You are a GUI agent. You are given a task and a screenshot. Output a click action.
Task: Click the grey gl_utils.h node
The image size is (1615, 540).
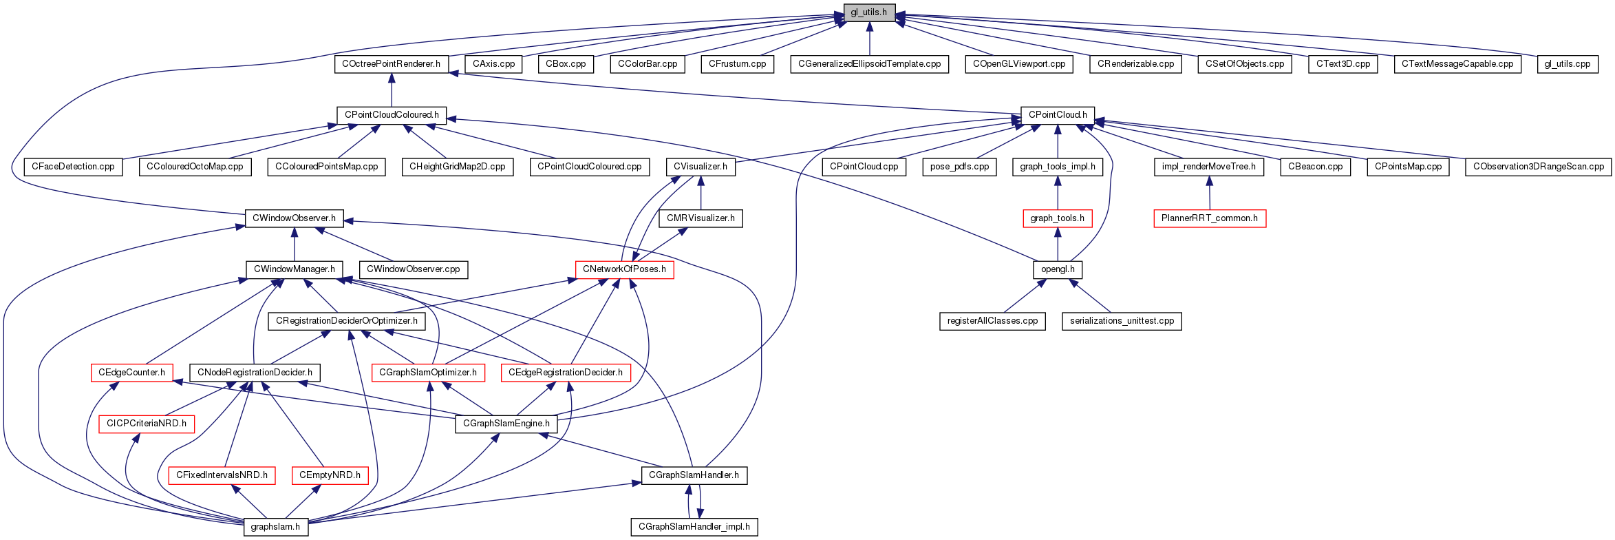tap(869, 12)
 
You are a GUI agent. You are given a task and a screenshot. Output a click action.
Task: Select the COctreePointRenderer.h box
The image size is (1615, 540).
tap(392, 64)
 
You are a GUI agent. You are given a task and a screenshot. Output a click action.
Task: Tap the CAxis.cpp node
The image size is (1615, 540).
tap(494, 64)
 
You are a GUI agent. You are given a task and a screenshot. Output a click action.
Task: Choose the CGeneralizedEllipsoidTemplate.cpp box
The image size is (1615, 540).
tap(870, 64)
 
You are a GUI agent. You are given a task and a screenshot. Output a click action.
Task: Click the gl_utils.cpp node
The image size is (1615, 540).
tap(1568, 64)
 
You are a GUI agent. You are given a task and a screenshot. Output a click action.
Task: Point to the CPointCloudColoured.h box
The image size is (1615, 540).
tap(392, 115)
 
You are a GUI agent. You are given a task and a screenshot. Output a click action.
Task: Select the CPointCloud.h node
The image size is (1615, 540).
tap(1058, 115)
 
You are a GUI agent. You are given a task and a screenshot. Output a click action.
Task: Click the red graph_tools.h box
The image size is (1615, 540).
tap(1058, 218)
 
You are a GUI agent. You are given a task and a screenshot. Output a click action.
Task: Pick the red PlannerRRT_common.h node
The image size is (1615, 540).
tap(1210, 218)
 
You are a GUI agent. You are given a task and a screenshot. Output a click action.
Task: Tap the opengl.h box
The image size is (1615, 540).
tap(1058, 269)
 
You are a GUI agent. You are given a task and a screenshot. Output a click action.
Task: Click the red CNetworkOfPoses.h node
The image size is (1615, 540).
tap(624, 269)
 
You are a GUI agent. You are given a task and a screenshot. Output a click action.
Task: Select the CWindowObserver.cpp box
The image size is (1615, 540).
tap(414, 269)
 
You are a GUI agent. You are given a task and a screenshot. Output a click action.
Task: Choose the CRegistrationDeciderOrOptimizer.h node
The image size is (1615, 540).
tap(347, 321)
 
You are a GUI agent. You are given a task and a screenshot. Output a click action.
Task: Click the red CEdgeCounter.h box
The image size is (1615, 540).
tap(131, 373)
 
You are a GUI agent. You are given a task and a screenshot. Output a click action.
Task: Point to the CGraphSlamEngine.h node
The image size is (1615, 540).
tap(506, 424)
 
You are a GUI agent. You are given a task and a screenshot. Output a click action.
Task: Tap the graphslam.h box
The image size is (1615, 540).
tap(275, 527)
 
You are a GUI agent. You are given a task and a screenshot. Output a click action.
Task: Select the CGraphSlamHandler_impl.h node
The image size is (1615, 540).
tap(694, 527)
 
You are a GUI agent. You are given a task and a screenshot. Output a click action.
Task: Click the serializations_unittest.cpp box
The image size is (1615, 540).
tap(1122, 321)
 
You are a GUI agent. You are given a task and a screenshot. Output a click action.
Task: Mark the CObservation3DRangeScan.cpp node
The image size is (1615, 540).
tap(1539, 167)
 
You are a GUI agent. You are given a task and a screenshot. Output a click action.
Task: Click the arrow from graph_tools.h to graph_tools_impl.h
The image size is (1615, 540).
tap(1058, 193)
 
